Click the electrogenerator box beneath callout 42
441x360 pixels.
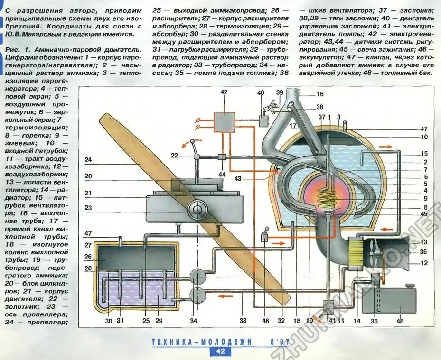(x=224, y=122)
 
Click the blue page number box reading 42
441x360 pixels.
(x=220, y=351)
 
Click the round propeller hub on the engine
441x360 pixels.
(x=196, y=209)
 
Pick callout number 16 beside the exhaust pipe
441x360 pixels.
(x=320, y=94)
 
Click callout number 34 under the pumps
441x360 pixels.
(x=194, y=321)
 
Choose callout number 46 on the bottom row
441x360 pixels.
(x=265, y=321)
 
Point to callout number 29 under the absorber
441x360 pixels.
(x=159, y=321)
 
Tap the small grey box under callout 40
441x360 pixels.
(x=264, y=121)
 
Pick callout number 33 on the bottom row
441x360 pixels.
(x=243, y=321)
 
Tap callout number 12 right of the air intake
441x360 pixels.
(x=424, y=263)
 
